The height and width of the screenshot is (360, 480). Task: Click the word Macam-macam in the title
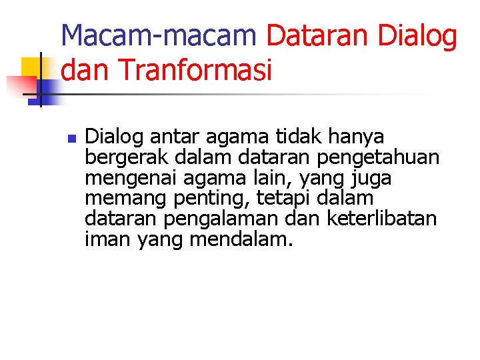click(x=159, y=35)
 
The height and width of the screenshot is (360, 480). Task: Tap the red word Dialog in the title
click(x=418, y=36)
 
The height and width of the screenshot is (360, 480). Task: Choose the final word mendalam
click(x=241, y=239)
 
